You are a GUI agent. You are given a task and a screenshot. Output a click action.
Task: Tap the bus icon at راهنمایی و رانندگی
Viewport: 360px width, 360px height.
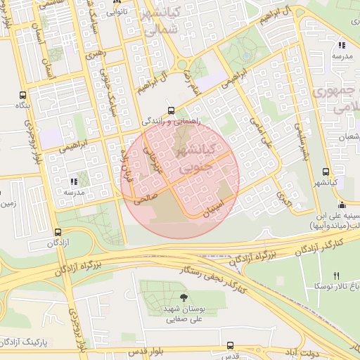point(172,110)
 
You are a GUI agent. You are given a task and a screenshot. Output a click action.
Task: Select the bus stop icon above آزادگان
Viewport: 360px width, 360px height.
point(60,232)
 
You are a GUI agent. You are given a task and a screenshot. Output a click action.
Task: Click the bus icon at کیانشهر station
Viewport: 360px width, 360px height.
point(325,172)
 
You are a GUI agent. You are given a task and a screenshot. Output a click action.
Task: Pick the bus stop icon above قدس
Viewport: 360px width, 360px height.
point(230,345)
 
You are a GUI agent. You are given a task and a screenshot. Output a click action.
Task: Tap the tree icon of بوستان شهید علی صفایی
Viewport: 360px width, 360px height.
point(184,297)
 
